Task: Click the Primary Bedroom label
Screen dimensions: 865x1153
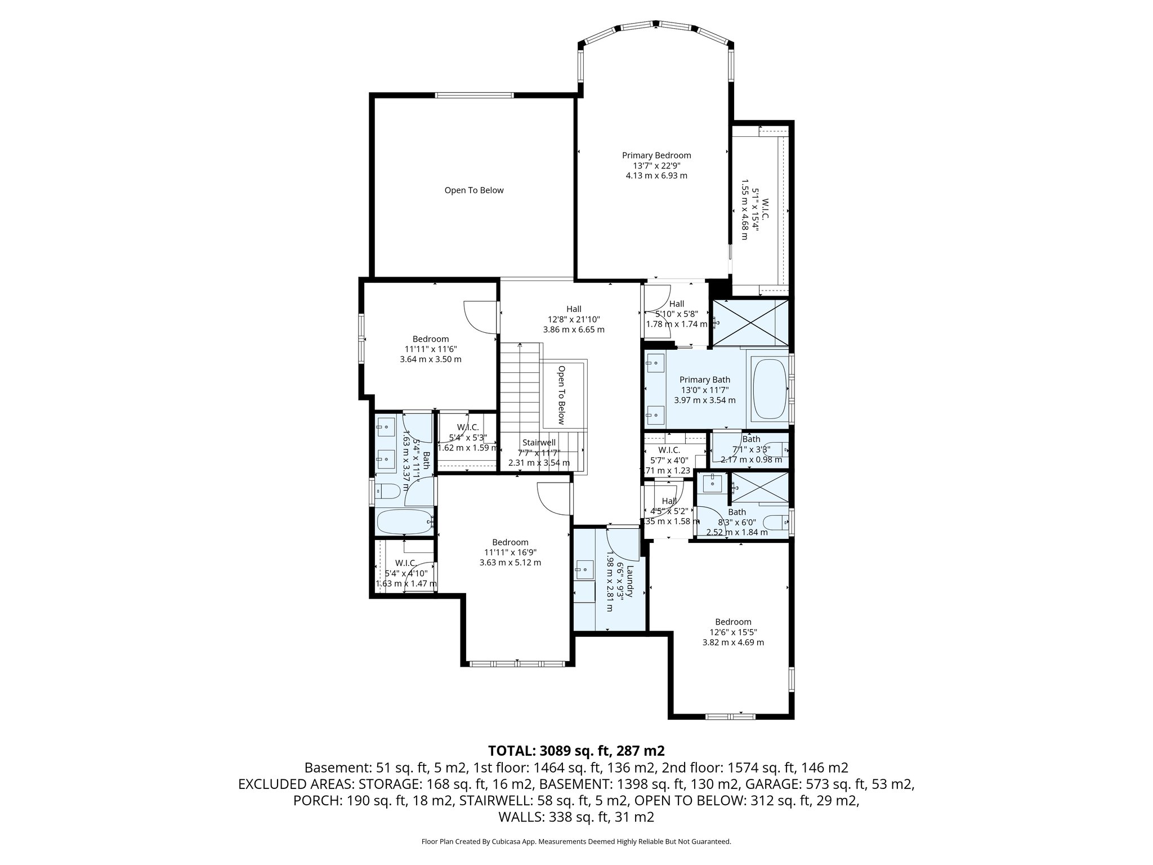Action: tap(656, 155)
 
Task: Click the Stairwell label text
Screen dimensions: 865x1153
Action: tap(539, 443)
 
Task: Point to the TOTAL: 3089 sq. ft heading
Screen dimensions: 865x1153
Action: tap(576, 751)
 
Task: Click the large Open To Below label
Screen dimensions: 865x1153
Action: tap(474, 190)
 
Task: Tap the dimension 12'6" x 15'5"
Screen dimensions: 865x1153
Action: tap(733, 632)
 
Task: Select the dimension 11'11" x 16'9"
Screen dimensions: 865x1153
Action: tap(510, 552)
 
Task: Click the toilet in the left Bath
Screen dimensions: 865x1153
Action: tap(387, 492)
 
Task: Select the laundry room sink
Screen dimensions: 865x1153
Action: tap(584, 570)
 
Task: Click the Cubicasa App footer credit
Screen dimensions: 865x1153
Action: tap(576, 841)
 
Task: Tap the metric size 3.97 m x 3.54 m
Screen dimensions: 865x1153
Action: tap(704, 400)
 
